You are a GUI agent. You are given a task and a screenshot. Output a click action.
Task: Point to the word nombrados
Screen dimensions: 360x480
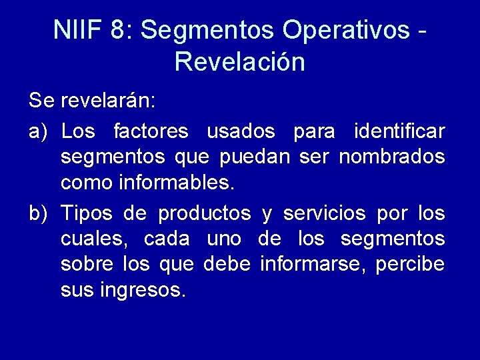(x=392, y=157)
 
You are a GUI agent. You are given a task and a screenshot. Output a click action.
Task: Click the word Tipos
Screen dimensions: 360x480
(x=86, y=213)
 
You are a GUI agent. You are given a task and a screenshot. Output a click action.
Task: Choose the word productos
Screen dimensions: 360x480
(x=204, y=213)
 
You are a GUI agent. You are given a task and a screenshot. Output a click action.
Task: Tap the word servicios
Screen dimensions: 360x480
(x=324, y=213)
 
